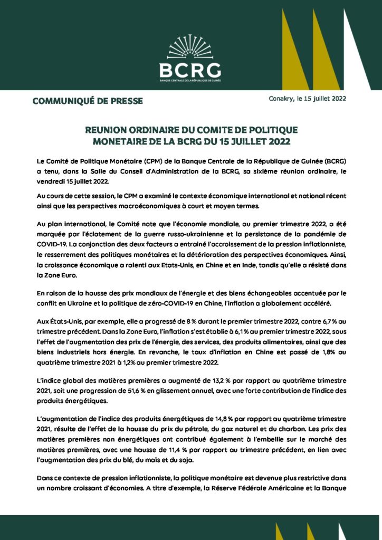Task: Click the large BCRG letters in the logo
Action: pos(190,69)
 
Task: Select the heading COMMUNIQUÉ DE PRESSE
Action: pos(88,101)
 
